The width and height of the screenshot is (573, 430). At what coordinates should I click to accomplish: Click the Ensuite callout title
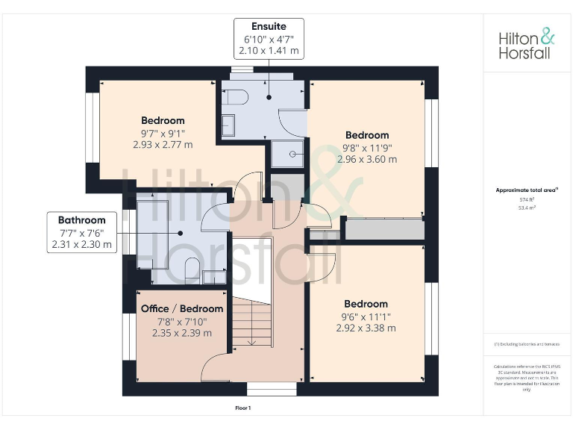(269, 26)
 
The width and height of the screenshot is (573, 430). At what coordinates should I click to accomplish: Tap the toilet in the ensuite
(234, 97)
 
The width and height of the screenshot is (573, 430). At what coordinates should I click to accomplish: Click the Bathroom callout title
(82, 220)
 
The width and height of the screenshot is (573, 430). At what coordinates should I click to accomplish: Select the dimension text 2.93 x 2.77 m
(163, 144)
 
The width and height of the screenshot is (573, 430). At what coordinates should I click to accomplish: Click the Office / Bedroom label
(182, 308)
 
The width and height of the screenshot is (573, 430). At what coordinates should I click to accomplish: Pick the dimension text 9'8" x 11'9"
(367, 148)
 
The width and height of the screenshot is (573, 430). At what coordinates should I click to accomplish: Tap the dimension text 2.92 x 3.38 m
(366, 328)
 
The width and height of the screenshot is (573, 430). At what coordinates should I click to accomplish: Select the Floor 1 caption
(243, 408)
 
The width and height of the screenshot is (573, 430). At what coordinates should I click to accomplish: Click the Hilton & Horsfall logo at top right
(527, 43)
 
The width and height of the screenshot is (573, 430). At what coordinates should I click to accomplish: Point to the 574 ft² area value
(527, 199)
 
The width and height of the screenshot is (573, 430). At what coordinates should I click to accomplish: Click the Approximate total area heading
(527, 190)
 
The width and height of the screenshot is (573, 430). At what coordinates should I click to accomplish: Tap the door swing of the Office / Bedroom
(216, 366)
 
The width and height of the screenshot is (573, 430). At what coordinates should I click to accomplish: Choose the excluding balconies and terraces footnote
(527, 344)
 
